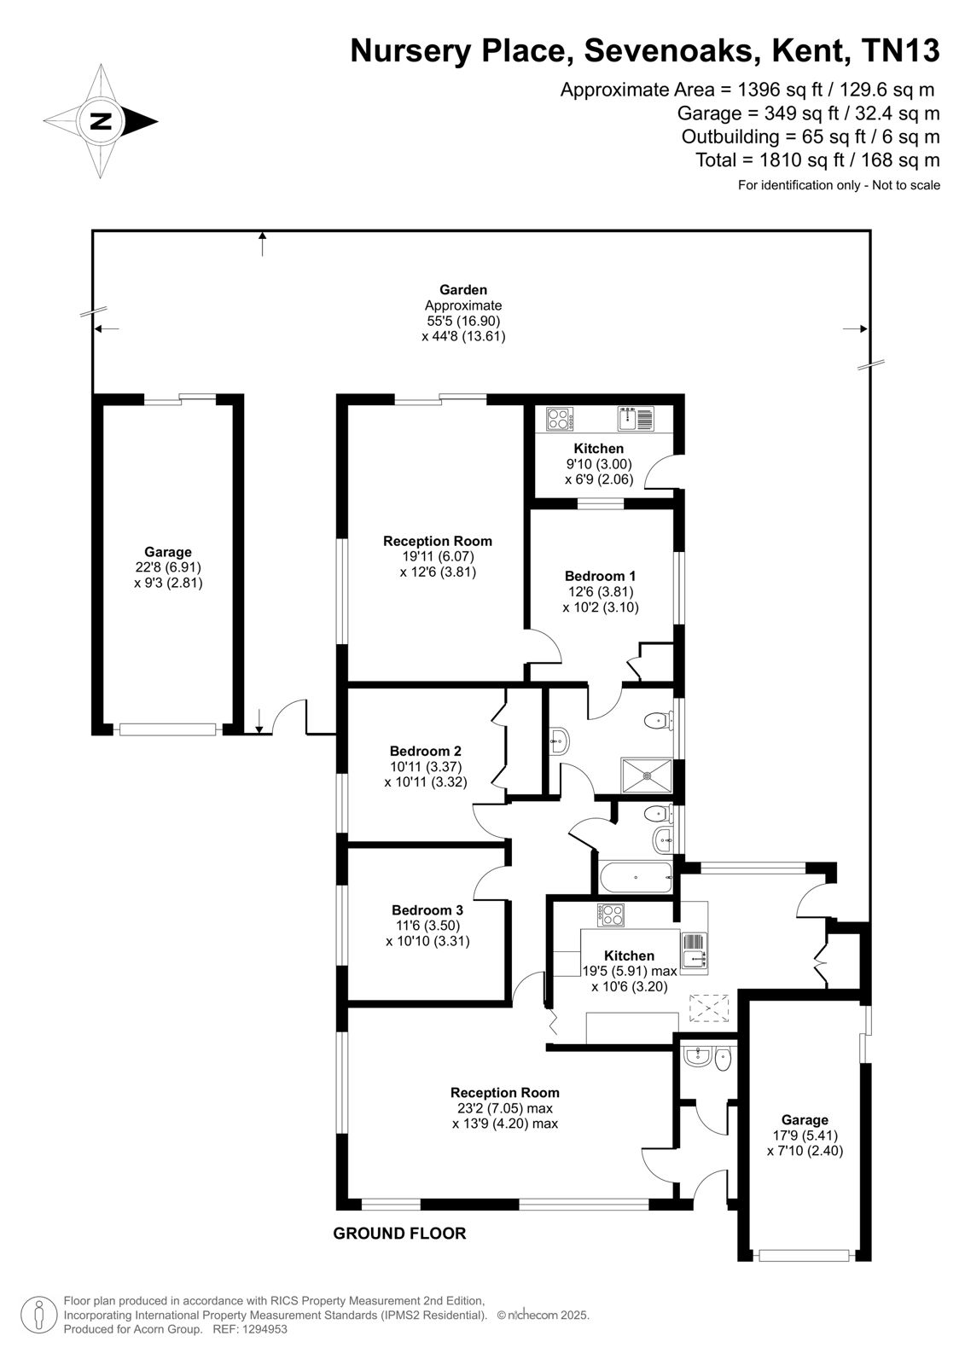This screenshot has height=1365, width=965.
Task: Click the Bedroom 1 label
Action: (600, 576)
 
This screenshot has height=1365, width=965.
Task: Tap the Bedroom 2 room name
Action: (426, 751)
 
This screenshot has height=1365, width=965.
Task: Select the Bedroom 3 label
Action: (427, 909)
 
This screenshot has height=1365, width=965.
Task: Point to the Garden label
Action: (463, 290)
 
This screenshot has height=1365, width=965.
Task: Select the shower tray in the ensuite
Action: (646, 775)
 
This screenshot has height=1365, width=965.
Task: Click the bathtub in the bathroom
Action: (636, 878)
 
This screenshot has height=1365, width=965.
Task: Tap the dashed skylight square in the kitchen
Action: (709, 1008)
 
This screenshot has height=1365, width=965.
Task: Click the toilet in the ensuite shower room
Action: (659, 721)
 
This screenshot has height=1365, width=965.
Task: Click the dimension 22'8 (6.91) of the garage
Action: (168, 567)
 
